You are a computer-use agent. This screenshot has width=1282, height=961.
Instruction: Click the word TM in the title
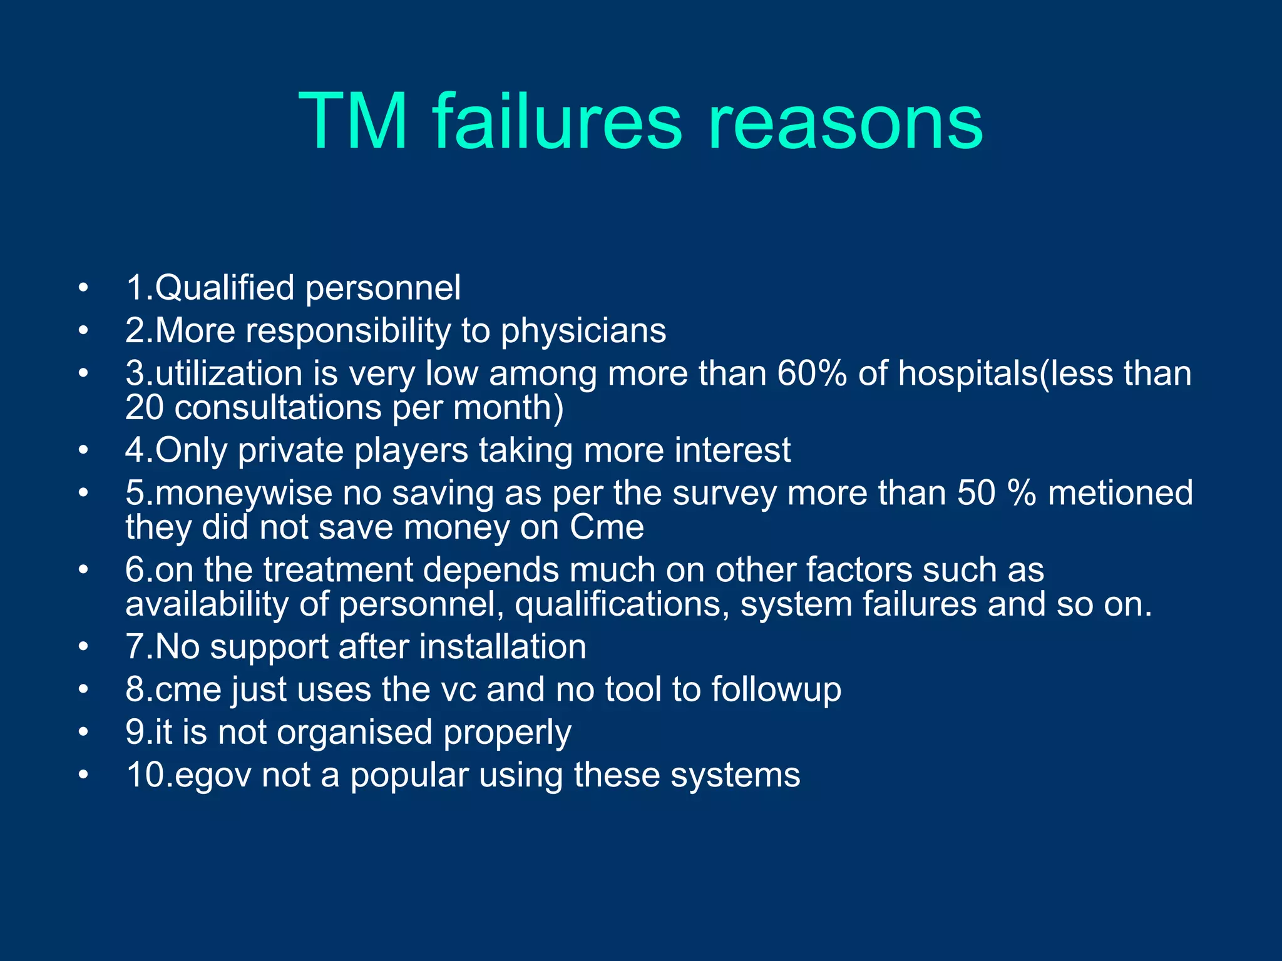[354, 121]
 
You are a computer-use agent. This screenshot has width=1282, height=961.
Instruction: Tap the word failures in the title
[556, 121]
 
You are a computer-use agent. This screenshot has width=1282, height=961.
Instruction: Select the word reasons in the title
[845, 121]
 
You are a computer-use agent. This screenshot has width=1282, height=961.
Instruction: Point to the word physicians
[583, 330]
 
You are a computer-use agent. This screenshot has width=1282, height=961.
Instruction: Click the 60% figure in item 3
[812, 374]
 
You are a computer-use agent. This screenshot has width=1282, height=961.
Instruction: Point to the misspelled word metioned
[1120, 493]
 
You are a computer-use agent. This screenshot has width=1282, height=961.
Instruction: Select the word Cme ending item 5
[607, 527]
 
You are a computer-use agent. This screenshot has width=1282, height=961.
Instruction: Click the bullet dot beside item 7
[83, 647]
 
